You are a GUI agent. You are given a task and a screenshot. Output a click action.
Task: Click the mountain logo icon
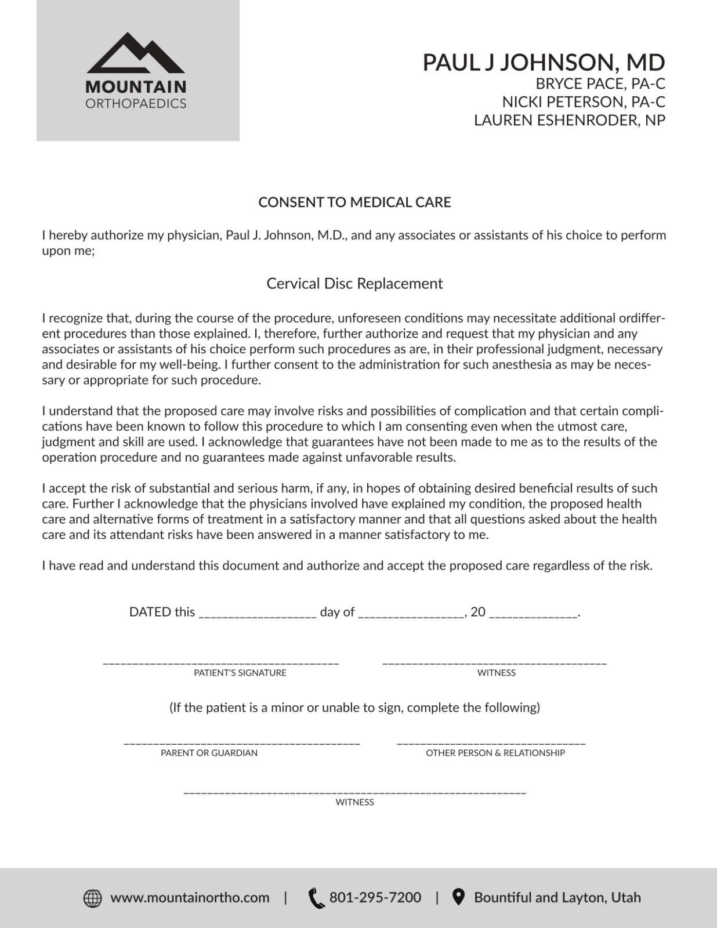tap(136, 53)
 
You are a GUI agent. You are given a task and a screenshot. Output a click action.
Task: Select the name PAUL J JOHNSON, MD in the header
tap(543, 63)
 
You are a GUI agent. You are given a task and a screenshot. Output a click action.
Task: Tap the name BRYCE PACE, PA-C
tap(600, 84)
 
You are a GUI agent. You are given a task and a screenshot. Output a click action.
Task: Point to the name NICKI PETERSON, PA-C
tap(584, 102)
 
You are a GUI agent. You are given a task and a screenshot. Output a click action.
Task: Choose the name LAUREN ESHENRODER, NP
tap(569, 120)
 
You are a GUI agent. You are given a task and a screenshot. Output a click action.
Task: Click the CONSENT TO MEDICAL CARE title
tap(354, 202)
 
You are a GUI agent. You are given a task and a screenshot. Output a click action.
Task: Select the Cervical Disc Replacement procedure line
tap(354, 284)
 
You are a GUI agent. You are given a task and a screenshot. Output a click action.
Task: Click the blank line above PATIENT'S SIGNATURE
tap(221, 662)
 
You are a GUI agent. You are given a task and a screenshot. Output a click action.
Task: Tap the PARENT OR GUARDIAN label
tap(209, 753)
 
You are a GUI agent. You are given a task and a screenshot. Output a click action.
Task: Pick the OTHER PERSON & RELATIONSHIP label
tap(495, 753)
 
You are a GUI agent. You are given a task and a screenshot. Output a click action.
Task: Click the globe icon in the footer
tap(93, 898)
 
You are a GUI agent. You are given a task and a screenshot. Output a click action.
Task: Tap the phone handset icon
tap(316, 898)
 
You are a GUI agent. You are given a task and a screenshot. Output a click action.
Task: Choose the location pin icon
tap(459, 897)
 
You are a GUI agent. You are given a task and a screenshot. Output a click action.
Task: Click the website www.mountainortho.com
tap(190, 898)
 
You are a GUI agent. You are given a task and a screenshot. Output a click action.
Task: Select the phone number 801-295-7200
tap(375, 898)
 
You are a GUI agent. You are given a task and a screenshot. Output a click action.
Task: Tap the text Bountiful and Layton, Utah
tap(557, 898)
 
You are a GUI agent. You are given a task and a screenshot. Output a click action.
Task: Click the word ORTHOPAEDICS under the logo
tap(136, 104)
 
